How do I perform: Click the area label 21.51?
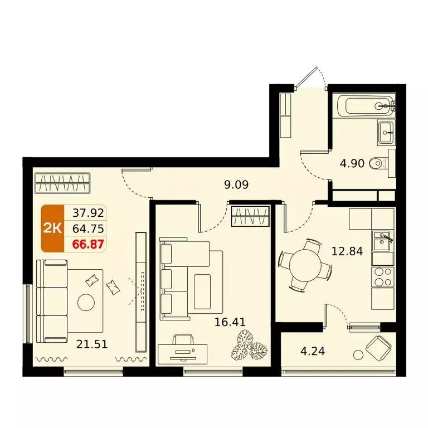pos(92,344)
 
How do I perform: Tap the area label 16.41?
pos(230,322)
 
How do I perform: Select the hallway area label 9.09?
pos(236,185)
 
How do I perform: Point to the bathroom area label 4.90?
pos(352,163)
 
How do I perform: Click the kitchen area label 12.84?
pos(347,251)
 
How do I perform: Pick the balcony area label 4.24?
pos(313,351)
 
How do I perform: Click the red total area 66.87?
pos(88,244)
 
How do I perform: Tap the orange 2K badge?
pos(52,228)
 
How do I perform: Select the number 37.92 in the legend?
pos(88,213)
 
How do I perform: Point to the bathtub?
pos(366,106)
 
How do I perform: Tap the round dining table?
pos(305,265)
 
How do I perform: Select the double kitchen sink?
pos(383,241)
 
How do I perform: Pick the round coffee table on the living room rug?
pos(86,303)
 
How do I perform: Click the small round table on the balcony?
pos(358,355)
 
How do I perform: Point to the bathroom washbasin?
pos(386,132)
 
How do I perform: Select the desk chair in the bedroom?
pos(183,340)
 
